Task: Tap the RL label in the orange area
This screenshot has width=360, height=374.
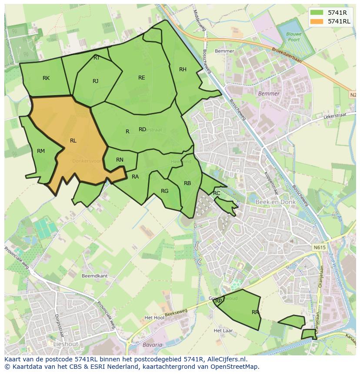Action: [73, 141]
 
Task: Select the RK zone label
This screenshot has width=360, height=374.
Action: [46, 78]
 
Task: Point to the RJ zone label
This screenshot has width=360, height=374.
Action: [96, 81]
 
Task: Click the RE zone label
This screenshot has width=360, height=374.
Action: [142, 78]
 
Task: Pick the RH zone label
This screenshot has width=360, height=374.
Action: [183, 70]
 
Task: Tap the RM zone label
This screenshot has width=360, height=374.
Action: [41, 151]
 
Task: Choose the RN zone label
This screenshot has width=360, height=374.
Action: [120, 160]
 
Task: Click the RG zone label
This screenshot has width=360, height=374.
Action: [164, 191]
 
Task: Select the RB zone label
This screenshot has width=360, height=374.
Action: [187, 183]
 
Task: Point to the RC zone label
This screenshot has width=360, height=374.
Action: [217, 193]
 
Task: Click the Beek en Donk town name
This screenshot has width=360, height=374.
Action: [276, 202]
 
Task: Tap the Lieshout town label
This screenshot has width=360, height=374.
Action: [66, 344]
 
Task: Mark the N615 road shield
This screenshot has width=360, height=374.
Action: [319, 247]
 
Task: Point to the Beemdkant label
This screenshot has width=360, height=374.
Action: [94, 276]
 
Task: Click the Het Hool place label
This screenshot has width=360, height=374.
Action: [154, 318]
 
